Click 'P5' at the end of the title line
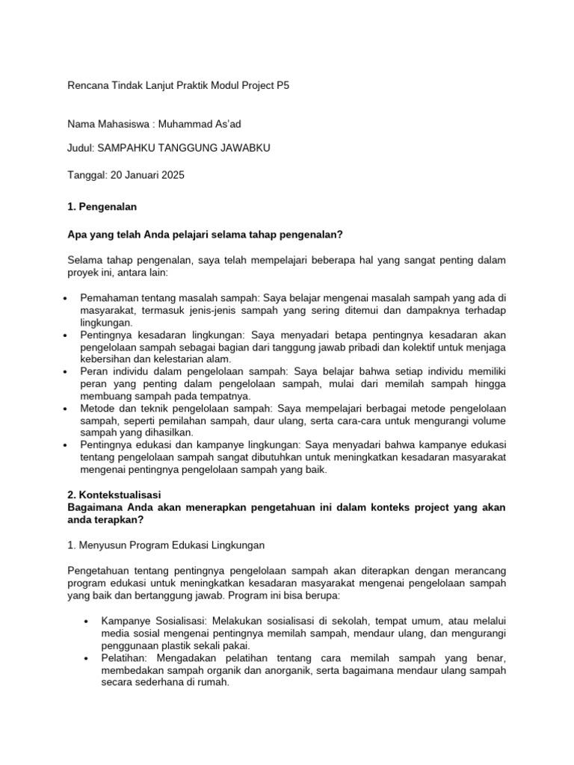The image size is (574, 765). pos(282,86)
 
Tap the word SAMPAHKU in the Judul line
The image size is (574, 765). pos(132,148)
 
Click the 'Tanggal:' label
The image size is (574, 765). pos(87,176)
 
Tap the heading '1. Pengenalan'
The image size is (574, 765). pos(102,205)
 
